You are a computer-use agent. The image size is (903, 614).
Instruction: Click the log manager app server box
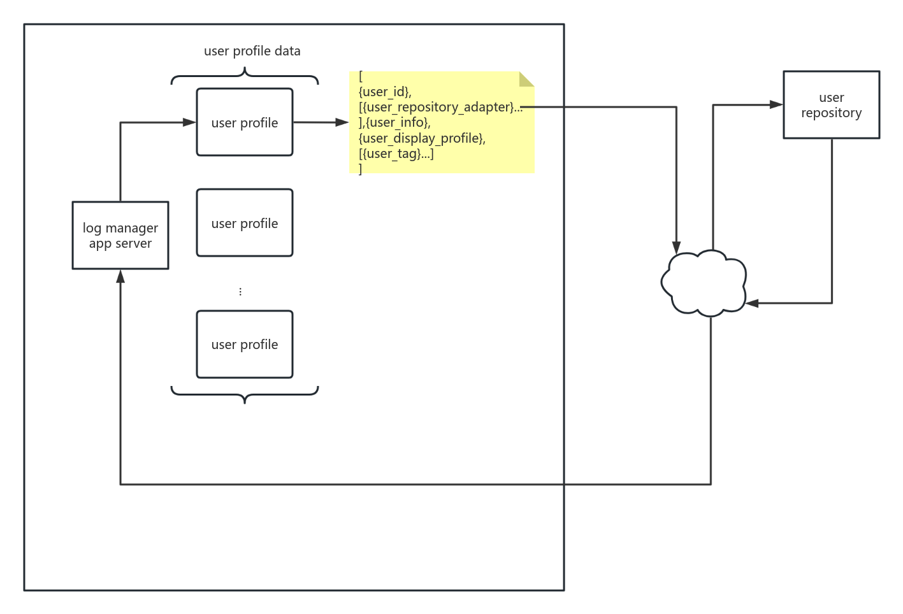120,236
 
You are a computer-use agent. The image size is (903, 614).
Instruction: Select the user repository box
831,105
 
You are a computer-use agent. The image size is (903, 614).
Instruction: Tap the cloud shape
704,283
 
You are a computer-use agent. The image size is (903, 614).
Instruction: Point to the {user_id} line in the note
384,92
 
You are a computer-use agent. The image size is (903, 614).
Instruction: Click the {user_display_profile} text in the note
421,138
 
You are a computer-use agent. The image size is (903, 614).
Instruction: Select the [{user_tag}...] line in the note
396,153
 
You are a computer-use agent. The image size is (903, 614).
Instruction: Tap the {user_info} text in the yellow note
398,122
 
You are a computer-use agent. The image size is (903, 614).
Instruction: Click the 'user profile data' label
252,51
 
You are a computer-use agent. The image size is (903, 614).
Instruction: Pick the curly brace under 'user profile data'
245,77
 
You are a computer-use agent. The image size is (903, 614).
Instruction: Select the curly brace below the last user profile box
245,394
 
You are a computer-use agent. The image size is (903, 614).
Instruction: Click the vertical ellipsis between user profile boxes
240,292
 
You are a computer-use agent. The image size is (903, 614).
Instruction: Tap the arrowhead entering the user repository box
776,104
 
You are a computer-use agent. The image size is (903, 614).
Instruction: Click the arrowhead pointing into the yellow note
342,122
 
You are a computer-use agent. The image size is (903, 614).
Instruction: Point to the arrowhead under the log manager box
120,276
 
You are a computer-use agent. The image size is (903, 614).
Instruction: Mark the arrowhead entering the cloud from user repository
753,303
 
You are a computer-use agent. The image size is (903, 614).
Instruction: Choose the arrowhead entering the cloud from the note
676,248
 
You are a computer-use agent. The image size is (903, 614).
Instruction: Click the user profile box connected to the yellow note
245,122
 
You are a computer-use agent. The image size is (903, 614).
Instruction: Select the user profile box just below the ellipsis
245,345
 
